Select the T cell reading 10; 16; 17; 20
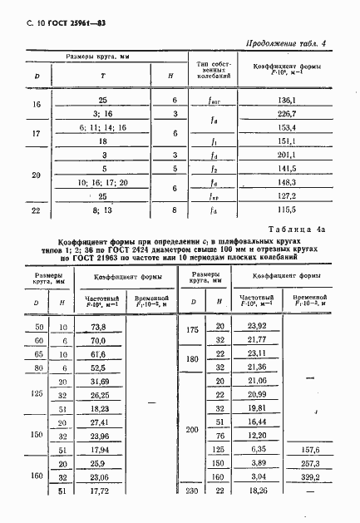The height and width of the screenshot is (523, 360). (x=101, y=182)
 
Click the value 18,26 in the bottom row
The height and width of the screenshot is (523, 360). (x=257, y=491)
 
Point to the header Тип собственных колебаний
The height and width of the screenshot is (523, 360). (x=212, y=70)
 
